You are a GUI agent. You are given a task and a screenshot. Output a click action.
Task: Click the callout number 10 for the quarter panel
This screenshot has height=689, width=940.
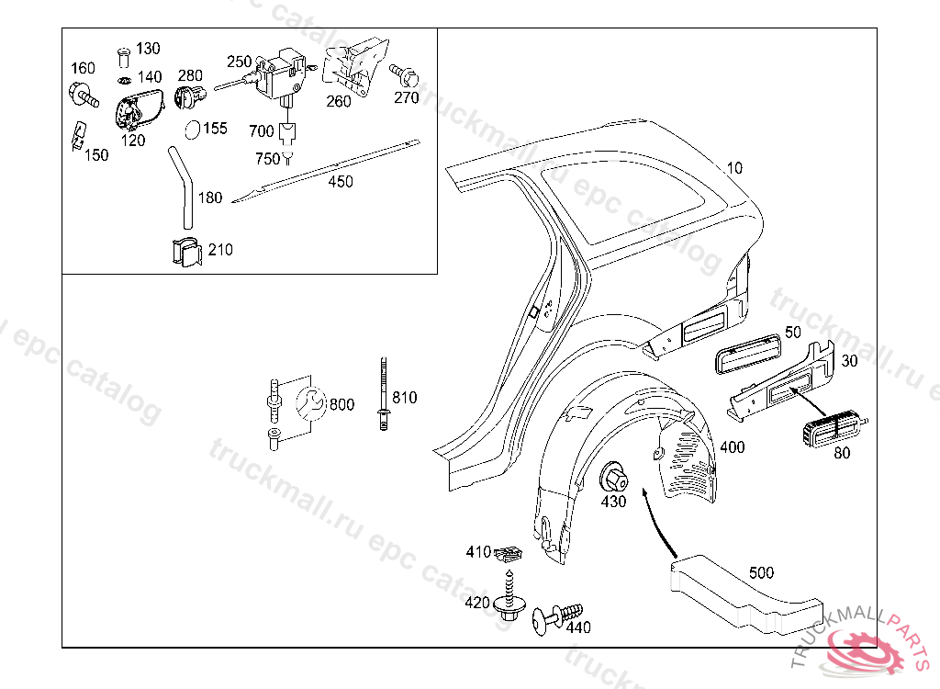click(734, 168)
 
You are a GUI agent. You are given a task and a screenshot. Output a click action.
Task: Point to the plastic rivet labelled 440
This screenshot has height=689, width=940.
click(557, 618)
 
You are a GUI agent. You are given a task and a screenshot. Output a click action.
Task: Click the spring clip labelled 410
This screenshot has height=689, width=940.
click(509, 553)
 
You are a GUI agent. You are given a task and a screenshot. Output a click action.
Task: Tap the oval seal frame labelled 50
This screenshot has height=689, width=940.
click(748, 355)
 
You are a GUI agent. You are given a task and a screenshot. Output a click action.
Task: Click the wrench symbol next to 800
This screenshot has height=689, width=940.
click(311, 402)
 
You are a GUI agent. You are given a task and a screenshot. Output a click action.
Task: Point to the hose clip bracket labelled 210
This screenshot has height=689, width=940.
click(185, 252)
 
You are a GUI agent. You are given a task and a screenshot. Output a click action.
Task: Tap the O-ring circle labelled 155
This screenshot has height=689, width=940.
click(193, 129)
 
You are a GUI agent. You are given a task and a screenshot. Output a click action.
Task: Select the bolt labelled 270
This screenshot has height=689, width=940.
click(405, 76)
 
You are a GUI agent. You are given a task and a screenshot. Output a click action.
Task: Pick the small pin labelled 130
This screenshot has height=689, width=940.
click(124, 57)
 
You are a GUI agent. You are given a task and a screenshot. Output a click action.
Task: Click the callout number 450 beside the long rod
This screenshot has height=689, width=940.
click(341, 181)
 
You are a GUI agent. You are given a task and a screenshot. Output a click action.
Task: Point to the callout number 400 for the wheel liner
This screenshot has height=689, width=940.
click(732, 447)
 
